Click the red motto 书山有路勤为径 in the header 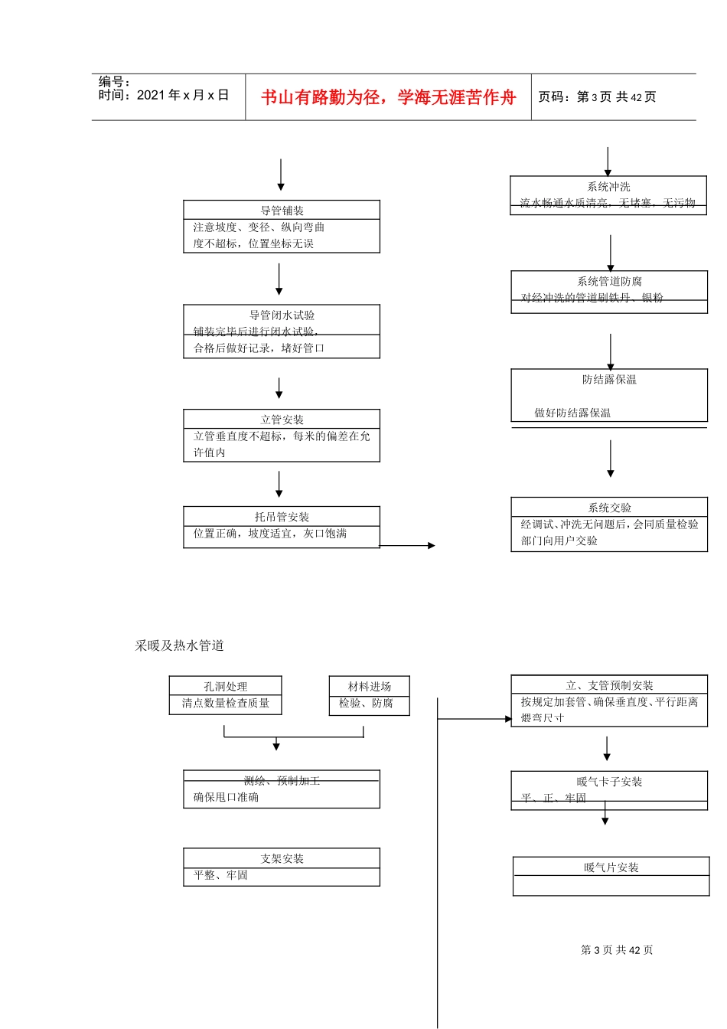tap(388, 97)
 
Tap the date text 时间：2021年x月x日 tap(164, 95)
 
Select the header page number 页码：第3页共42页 tap(597, 97)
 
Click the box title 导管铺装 tap(282, 211)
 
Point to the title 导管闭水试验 tap(282, 315)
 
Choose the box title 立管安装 tap(282, 420)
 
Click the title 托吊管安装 tap(282, 517)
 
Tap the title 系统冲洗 tap(608, 187)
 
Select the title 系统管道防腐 tap(609, 282)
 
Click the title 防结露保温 tap(609, 380)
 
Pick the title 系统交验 tap(609, 508)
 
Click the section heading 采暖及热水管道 tap(180, 645)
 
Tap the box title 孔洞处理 tap(225, 687)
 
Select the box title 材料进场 tap(369, 687)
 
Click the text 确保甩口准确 tap(226, 797)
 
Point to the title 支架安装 tap(282, 859)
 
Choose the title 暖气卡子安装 tap(609, 782)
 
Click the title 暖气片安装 tap(611, 867)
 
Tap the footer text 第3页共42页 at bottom tap(617, 950)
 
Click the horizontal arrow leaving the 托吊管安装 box tap(407, 546)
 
